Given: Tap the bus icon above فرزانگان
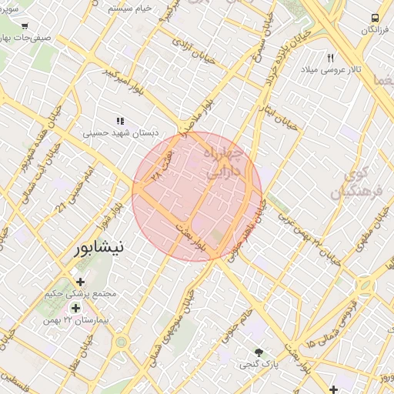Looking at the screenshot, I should [x=375, y=18].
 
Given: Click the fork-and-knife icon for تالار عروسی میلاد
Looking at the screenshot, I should [x=331, y=58].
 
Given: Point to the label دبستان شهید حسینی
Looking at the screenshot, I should [x=122, y=133].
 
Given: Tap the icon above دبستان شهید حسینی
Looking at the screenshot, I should [x=120, y=121].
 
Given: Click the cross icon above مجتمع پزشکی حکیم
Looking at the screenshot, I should [x=80, y=281].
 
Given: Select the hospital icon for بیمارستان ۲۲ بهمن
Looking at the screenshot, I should [x=75, y=308].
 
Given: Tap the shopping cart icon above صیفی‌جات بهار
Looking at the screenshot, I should [x=25, y=25].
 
